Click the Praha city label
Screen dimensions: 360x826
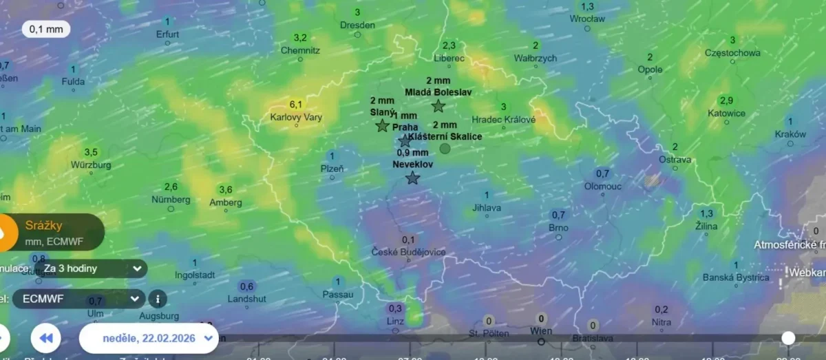pos(405,127)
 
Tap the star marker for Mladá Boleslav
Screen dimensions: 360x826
pos(438,106)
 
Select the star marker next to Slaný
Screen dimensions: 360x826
pos(383,126)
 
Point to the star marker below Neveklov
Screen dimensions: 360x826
pos(412,178)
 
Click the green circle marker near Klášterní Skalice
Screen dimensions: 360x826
pos(445,148)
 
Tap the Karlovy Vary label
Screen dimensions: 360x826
pos(296,117)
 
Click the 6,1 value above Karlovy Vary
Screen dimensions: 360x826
pos(296,105)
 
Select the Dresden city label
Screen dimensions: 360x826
pos(357,25)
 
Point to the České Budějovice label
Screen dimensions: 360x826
pos(408,252)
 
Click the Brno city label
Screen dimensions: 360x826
pos(558,227)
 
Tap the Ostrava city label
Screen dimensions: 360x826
pos(675,160)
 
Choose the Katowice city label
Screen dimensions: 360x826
pos(726,113)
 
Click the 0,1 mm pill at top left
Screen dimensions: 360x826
pos(46,29)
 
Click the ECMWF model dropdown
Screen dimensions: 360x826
pos(79,299)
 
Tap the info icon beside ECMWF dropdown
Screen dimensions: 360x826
pos(158,299)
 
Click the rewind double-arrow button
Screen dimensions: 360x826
pos(46,338)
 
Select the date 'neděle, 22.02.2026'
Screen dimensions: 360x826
pos(149,338)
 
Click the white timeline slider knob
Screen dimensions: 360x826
pos(788,338)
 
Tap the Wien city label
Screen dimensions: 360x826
pos(542,331)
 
